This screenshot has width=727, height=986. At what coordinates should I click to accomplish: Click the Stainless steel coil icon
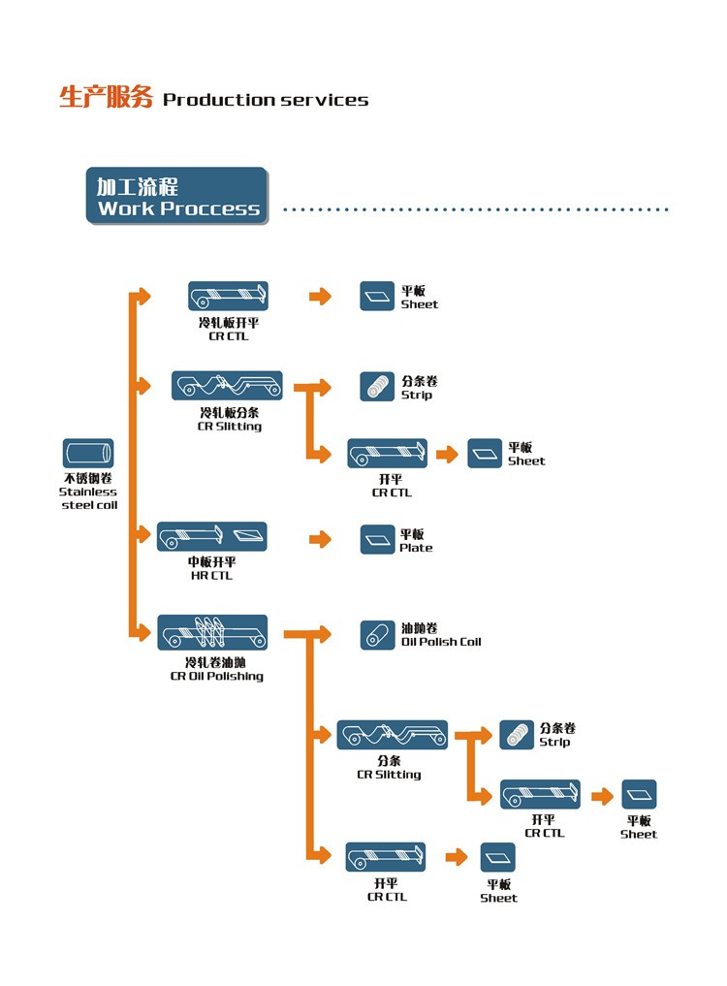pyautogui.click(x=88, y=454)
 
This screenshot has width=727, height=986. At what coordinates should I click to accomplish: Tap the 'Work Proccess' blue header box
pyautogui.click(x=176, y=197)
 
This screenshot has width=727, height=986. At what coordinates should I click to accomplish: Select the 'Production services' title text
pyautogui.click(x=266, y=100)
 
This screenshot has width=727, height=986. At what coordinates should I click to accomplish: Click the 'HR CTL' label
pyautogui.click(x=211, y=576)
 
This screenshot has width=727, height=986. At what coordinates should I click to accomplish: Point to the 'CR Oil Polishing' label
pyautogui.click(x=216, y=677)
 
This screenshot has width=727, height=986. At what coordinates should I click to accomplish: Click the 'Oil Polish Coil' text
pyautogui.click(x=441, y=642)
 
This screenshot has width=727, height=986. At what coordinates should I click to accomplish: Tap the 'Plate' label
pyautogui.click(x=416, y=548)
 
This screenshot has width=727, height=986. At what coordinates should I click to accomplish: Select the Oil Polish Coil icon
pyautogui.click(x=377, y=635)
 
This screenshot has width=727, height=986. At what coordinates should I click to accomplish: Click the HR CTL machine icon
pyautogui.click(x=212, y=536)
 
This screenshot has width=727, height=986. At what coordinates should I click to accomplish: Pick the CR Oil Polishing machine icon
pyautogui.click(x=212, y=632)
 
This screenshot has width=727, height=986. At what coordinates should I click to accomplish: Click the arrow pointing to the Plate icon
pyautogui.click(x=320, y=539)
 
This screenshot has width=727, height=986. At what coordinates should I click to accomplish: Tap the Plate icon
pyautogui.click(x=377, y=540)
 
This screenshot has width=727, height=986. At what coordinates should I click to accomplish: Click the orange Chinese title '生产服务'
pyautogui.click(x=106, y=98)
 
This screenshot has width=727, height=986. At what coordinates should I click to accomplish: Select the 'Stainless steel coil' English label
pyautogui.click(x=88, y=498)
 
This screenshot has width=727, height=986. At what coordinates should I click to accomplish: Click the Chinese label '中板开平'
pyautogui.click(x=211, y=562)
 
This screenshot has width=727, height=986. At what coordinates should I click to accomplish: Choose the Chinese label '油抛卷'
pyautogui.click(x=419, y=629)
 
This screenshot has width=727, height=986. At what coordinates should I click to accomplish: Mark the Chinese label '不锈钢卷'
pyautogui.click(x=88, y=479)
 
